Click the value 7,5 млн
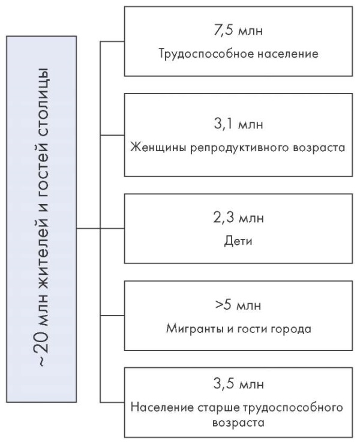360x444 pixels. tap(238, 30)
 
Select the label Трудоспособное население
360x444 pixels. tap(238, 53)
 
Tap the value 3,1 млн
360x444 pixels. tap(238, 124)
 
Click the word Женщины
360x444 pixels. tap(158, 148)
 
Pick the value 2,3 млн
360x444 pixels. tap(238, 218)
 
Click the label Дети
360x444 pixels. tap(238, 241)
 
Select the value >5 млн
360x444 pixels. tap(238, 305)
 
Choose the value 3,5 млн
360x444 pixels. tap(238, 384)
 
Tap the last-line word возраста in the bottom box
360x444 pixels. tap(238, 423)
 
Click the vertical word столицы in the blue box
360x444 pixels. tap(43, 95)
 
